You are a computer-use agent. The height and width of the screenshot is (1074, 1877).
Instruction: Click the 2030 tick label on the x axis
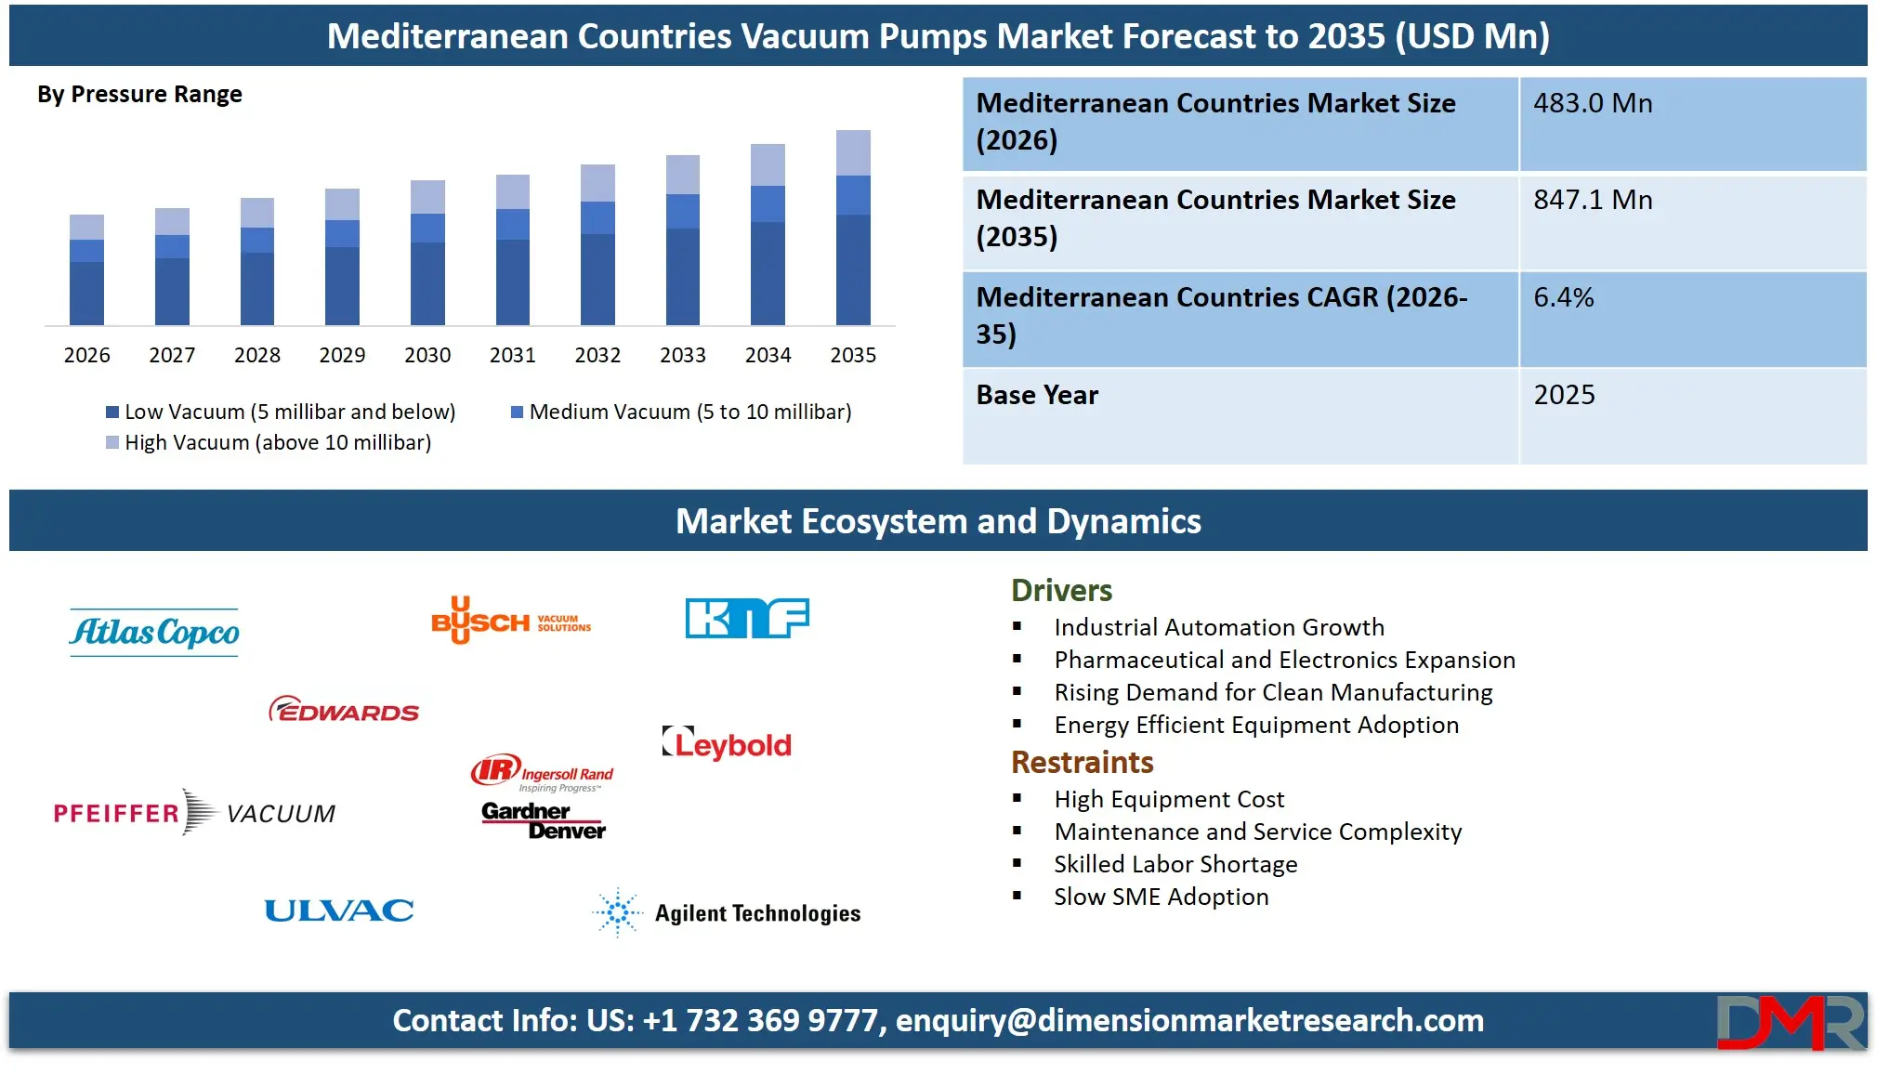(x=427, y=355)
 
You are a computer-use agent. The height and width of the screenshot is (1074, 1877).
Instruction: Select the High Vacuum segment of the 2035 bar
(x=853, y=153)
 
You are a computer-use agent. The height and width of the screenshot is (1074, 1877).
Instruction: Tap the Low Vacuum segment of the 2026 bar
(x=86, y=294)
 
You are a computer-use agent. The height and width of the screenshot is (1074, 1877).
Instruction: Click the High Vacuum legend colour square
(x=112, y=442)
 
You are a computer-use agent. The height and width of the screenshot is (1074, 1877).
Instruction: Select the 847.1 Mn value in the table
(x=1593, y=200)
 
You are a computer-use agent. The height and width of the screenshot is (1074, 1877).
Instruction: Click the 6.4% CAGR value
(x=1563, y=297)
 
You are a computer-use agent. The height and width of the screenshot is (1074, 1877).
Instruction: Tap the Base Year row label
(x=1037, y=395)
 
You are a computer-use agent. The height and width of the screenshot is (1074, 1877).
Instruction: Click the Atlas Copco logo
(x=154, y=633)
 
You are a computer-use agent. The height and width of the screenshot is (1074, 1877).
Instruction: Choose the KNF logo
(x=747, y=618)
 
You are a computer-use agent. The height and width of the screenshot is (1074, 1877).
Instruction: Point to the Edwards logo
(x=344, y=711)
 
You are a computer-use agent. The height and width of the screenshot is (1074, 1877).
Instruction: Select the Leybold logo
(x=727, y=744)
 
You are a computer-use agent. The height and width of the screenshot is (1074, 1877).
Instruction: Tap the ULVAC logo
(x=339, y=910)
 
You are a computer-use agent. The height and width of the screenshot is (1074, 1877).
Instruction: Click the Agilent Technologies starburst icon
(x=618, y=912)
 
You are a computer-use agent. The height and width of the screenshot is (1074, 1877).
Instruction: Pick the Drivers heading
(x=1061, y=590)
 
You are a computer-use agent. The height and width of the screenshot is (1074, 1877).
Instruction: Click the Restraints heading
(x=1082, y=762)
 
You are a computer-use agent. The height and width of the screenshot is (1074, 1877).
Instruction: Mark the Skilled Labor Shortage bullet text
(x=1175, y=864)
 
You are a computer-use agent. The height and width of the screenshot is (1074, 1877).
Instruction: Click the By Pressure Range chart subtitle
(x=139, y=95)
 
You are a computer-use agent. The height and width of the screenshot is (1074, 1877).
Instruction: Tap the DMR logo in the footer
(x=1790, y=1022)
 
